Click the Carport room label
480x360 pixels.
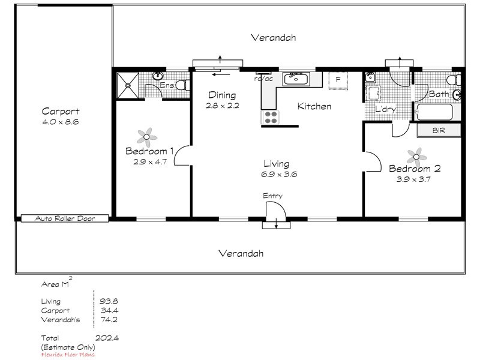[x=60, y=112]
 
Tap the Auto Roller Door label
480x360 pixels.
[x=64, y=218]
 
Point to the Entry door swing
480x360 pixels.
[x=275, y=211]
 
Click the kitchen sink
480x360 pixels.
[x=296, y=79]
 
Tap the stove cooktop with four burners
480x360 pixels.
[x=271, y=117]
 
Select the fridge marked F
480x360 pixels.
[x=338, y=80]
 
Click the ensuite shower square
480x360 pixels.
[x=128, y=85]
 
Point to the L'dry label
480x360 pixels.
[x=384, y=109]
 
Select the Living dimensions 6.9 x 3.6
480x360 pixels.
[x=276, y=175]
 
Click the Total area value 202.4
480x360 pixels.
[x=107, y=338]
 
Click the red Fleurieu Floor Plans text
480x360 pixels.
[x=67, y=355]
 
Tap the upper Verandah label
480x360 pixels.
[x=273, y=38]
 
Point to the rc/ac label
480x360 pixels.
[x=263, y=79]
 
